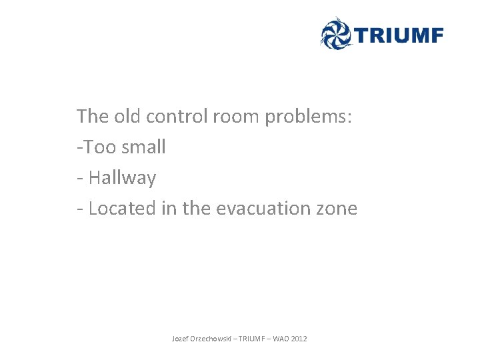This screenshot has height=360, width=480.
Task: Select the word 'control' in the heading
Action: click(x=177, y=116)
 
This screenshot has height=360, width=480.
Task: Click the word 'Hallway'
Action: click(x=122, y=179)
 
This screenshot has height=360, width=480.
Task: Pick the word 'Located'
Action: click(x=122, y=209)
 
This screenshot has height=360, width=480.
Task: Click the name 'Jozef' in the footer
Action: click(x=180, y=339)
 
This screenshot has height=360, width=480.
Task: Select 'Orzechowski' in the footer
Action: click(x=210, y=339)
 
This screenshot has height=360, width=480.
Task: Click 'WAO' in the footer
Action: click(x=281, y=339)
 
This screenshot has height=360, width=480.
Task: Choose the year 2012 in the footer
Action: click(x=299, y=339)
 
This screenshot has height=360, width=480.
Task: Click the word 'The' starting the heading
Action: click(x=92, y=116)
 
